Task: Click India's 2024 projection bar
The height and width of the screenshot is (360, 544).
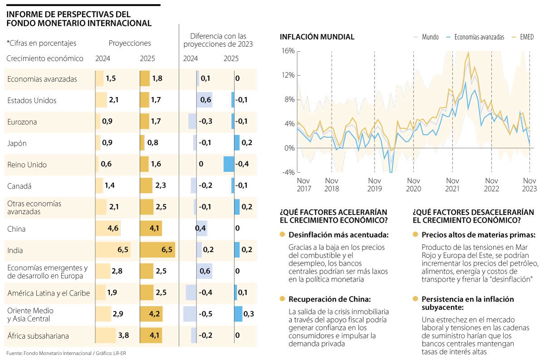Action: click(113, 250)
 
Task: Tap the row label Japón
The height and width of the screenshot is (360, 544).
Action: click(17, 143)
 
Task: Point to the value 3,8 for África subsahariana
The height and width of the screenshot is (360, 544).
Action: click(124, 336)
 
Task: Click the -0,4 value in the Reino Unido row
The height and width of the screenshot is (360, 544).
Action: click(242, 164)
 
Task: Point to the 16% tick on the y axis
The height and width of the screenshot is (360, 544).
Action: click(288, 51)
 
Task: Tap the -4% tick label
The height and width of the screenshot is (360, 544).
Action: click(288, 173)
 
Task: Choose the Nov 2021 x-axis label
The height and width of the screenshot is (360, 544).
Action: click(452, 185)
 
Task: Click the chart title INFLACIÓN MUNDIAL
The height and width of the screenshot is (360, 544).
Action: click(317, 37)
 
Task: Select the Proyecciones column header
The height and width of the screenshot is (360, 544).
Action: click(130, 43)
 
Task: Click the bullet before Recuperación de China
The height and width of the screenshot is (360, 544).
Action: click(282, 299)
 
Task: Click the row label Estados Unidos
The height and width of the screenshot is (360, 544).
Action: click(32, 100)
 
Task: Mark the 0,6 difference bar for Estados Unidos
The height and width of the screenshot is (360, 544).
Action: click(204, 100)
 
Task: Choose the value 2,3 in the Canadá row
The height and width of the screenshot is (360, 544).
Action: click(160, 185)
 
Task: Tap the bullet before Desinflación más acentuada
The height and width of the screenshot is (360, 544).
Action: click(282, 234)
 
